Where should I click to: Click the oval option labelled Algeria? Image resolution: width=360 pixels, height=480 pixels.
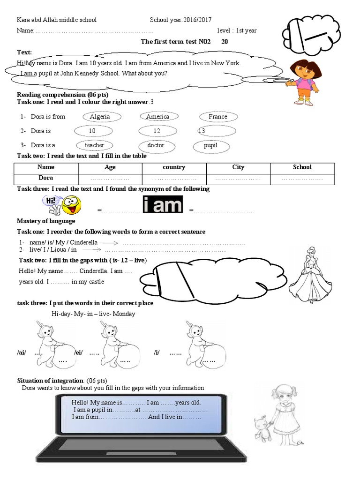tap(99, 117)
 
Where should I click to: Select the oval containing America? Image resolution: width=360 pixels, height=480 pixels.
tap(157, 117)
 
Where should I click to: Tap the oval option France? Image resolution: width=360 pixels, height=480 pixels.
tap(217, 117)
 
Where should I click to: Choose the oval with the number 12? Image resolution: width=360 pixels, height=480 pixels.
tap(157, 131)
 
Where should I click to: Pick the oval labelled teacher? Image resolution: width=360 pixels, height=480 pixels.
tap(94, 145)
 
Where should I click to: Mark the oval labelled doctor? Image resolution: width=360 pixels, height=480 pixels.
tap(156, 145)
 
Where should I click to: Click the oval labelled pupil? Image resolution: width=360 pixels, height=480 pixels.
tap(210, 145)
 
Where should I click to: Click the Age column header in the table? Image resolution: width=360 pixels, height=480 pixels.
tap(110, 167)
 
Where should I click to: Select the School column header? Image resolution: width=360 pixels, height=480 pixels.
tap(302, 167)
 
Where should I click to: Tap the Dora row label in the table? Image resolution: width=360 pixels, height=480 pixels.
tap(45, 178)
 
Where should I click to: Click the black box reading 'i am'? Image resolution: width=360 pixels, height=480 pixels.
tap(162, 205)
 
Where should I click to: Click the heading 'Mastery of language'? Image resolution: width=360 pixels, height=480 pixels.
tap(46, 221)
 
